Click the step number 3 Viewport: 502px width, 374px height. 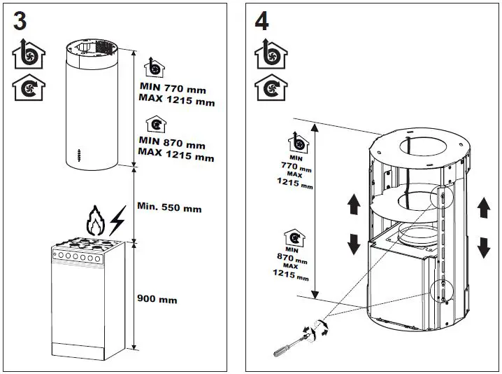coord(21,20)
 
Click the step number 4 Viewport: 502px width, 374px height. coord(261,20)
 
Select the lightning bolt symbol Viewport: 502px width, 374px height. coord(117,221)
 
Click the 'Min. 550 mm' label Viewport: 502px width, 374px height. coord(169,208)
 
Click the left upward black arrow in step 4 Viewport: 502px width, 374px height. coord(353,205)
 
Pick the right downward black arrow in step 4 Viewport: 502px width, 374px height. coord(482,247)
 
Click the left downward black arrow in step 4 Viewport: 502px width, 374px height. coord(353,243)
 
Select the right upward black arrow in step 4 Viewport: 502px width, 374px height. coord(482,207)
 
